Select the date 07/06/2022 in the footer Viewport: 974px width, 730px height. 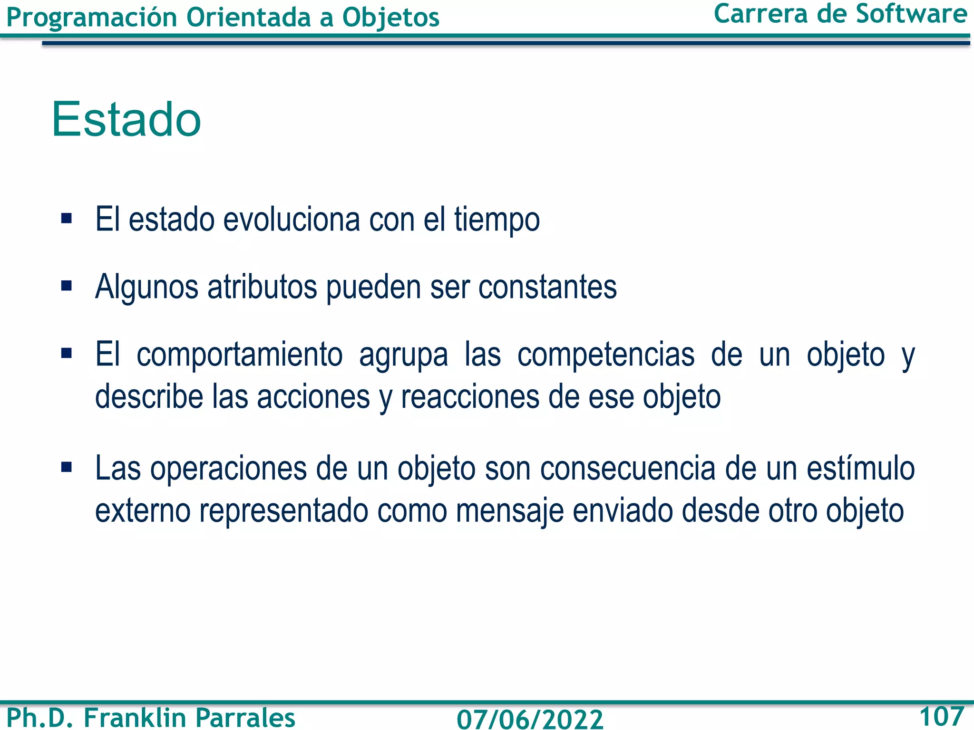tap(530, 718)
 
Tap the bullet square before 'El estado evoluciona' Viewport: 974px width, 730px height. tap(67, 219)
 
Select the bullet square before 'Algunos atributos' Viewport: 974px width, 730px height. tap(67, 286)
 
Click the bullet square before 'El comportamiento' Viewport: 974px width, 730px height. tap(67, 353)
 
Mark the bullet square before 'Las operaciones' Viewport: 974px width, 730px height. tap(67, 468)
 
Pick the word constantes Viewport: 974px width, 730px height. tap(547, 287)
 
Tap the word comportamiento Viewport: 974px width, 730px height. tap(239, 355)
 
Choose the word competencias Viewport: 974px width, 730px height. tap(606, 355)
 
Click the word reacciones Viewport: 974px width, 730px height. tap(470, 397)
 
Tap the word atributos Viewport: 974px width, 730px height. tap(262, 287)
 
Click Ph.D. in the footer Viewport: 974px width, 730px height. tap(40, 717)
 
